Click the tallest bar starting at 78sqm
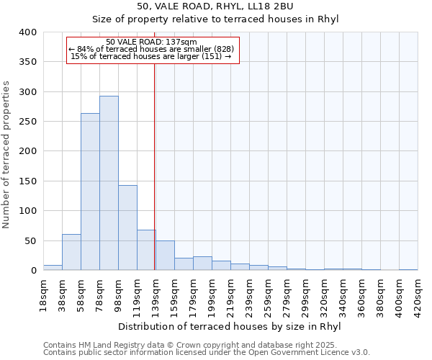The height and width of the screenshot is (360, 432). tap(109, 183)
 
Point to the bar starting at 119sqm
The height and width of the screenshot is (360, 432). tap(146, 250)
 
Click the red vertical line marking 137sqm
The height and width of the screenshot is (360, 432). tap(154, 166)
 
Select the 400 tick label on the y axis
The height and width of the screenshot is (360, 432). tap(27, 32)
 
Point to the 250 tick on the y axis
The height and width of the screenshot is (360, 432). tap(27, 122)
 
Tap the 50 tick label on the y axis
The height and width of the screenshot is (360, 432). tap(30, 241)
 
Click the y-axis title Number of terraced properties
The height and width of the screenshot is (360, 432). tap(7, 154)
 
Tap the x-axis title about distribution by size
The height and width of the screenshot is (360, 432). tap(228, 326)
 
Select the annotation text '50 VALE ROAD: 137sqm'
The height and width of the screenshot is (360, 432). tap(151, 42)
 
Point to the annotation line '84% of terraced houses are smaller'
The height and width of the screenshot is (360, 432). tap(151, 49)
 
